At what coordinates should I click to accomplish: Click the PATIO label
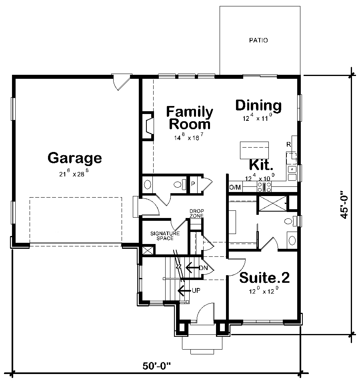coord(258,40)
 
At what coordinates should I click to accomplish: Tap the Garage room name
coord(74,158)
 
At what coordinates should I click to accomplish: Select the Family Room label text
coord(189,118)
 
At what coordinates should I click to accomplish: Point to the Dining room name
coord(258,106)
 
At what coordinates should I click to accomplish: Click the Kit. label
coord(261,165)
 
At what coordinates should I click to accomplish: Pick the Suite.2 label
coord(264,277)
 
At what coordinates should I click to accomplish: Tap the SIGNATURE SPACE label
coord(165,236)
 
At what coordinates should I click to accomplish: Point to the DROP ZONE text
coord(196,213)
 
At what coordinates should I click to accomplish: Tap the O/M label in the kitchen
coord(235,187)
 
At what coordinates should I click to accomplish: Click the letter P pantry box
coord(193,184)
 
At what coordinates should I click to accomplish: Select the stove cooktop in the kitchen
coord(264,186)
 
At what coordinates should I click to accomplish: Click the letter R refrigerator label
coord(288,144)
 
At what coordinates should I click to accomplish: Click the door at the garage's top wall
coord(121,82)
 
